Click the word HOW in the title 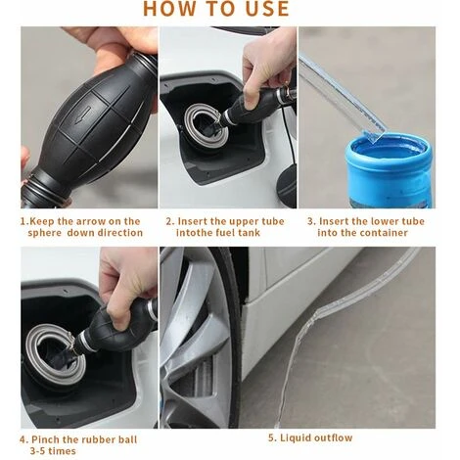164,8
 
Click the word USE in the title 267,8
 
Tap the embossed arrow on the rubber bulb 82,115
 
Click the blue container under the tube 390,169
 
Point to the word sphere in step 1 45,233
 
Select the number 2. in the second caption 170,221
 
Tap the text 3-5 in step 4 38,451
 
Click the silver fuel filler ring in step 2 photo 207,126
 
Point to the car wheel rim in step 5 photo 196,340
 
